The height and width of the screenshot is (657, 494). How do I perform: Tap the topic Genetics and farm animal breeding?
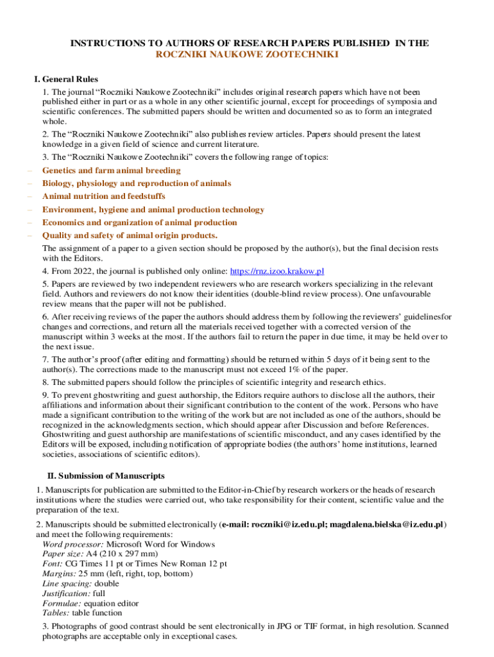pos(111,171)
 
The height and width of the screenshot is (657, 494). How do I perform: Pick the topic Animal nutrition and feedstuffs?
pos(103,196)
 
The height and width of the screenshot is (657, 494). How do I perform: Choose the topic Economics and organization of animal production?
pos(139,223)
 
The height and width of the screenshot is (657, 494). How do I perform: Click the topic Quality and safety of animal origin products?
pos(130,235)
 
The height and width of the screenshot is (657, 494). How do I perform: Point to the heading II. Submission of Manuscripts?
pos(106,476)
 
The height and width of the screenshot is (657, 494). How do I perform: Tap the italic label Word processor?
pos(72,545)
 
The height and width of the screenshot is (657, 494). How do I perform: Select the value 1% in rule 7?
pos(305,369)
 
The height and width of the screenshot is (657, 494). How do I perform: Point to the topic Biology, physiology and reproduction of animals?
pos(137,183)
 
